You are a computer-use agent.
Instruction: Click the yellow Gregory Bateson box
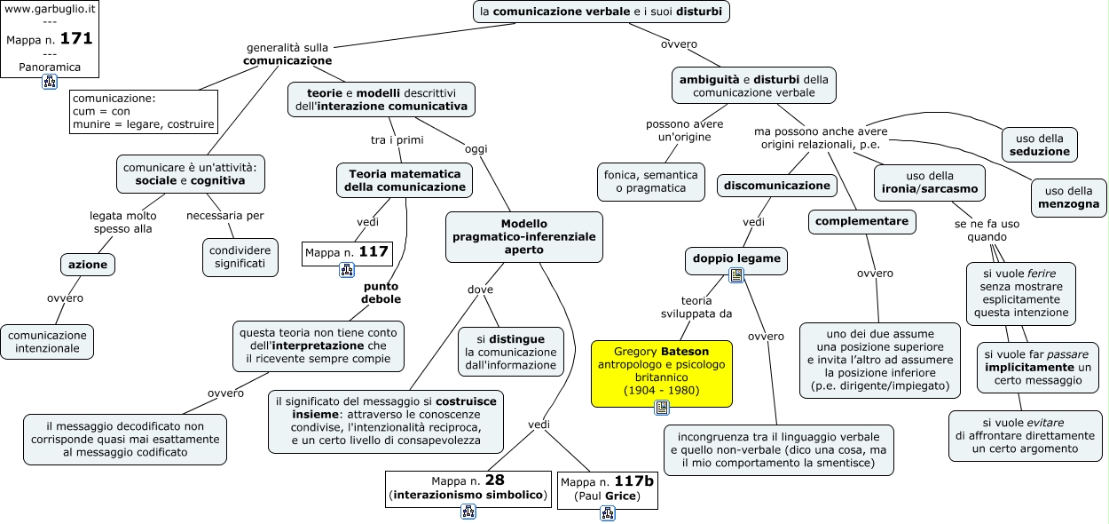[662, 373]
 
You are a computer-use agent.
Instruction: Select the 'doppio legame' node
[736, 259]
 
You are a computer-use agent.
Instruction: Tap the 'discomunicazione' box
[777, 186]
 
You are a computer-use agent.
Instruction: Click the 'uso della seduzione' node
[1039, 145]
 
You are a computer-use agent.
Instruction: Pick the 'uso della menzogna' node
[1068, 197]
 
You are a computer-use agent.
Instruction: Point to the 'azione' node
[88, 265]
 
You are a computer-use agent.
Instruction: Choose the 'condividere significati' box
[240, 258]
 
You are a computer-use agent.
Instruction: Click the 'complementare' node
[862, 222]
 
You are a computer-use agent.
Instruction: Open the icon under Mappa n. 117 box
[347, 270]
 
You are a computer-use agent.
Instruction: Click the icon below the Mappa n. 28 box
[468, 512]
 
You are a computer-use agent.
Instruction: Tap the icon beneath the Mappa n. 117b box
[608, 513]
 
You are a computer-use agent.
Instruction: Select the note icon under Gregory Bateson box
[662, 408]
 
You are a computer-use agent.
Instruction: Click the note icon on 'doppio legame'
[736, 275]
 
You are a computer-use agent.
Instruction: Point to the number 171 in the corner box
[76, 39]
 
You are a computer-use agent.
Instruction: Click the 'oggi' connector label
[476, 148]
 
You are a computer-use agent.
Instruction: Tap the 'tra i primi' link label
[397, 140]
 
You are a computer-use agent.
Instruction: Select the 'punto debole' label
[381, 292]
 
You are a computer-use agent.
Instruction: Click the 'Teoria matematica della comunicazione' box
[405, 180]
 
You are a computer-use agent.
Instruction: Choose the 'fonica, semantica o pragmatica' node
[650, 182]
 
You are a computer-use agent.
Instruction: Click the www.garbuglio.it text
[50, 9]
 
